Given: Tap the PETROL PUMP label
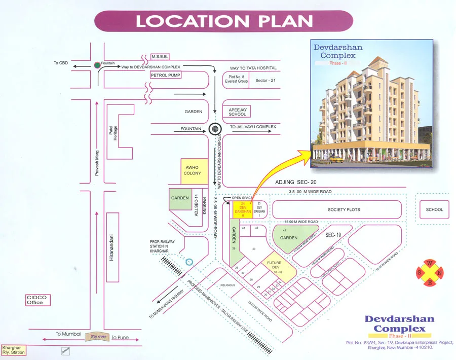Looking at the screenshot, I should (x=166, y=75).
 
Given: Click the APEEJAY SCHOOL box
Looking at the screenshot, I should (x=237, y=111).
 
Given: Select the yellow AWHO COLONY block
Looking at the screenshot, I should (x=192, y=170).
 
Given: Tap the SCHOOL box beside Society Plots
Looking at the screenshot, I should (x=434, y=209).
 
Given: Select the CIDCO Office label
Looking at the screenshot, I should (x=35, y=300).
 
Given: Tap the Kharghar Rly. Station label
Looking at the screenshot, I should (x=13, y=349).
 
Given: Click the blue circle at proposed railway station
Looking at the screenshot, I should (x=189, y=262).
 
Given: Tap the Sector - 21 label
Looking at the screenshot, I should (x=265, y=81).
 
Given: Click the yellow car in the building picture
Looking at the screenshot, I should (x=336, y=159).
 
